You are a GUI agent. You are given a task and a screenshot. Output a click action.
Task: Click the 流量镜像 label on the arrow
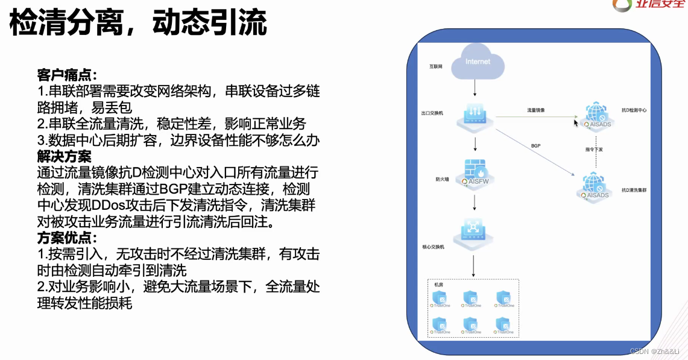tap(535, 110)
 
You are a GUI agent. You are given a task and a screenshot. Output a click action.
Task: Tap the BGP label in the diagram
tap(535, 146)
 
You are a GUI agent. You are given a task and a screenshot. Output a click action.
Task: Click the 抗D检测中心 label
tap(634, 111)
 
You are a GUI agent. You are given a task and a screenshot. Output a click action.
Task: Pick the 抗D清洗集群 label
tap(635, 191)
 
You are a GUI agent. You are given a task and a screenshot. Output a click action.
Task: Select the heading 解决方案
tap(64, 157)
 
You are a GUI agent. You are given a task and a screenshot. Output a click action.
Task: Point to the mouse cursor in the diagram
tap(576, 122)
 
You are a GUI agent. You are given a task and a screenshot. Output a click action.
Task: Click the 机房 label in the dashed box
tap(439, 285)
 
